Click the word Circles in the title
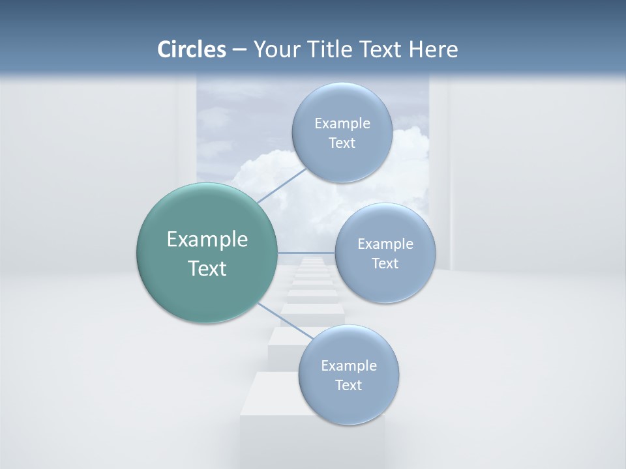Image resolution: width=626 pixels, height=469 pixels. (191, 49)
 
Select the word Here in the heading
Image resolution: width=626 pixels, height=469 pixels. (433, 49)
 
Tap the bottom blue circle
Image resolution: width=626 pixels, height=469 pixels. (348, 404)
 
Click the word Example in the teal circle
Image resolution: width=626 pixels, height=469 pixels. (207, 240)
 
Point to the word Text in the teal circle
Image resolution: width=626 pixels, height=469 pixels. (207, 268)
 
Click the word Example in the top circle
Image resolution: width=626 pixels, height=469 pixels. (342, 124)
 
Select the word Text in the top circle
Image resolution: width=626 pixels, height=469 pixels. (342, 143)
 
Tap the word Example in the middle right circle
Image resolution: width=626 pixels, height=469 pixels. (385, 244)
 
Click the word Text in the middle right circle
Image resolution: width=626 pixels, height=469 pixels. (385, 264)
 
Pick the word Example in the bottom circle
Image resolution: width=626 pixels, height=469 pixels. (348, 366)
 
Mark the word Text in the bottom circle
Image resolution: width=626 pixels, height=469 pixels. (348, 386)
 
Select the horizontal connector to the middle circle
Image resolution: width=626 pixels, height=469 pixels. (306, 253)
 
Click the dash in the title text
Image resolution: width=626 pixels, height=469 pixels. (239, 50)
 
